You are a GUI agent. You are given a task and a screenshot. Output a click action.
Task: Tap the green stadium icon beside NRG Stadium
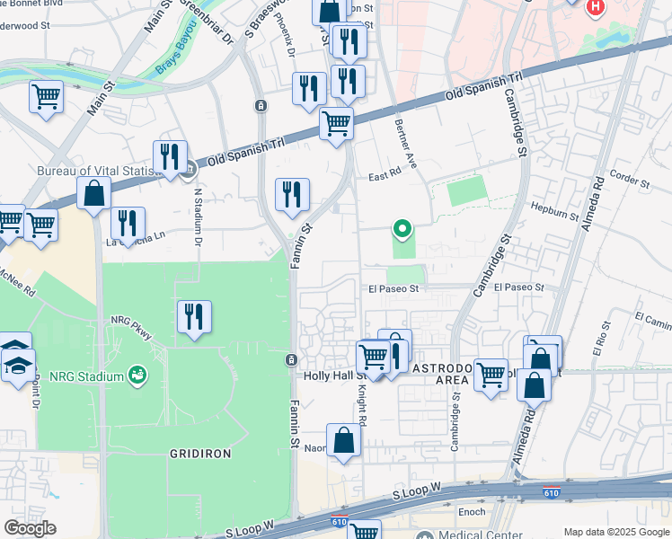click(x=137, y=373)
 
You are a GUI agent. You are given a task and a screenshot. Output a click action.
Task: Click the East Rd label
click(x=383, y=177)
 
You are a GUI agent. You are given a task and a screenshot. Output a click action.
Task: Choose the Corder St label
click(x=629, y=178)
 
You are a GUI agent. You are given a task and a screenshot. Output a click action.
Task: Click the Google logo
click(x=31, y=528)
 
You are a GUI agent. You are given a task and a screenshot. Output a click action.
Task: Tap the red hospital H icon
click(x=594, y=9)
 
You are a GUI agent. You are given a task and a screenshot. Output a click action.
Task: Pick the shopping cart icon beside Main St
click(x=45, y=95)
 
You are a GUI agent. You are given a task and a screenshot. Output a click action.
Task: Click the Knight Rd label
click(x=363, y=405)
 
